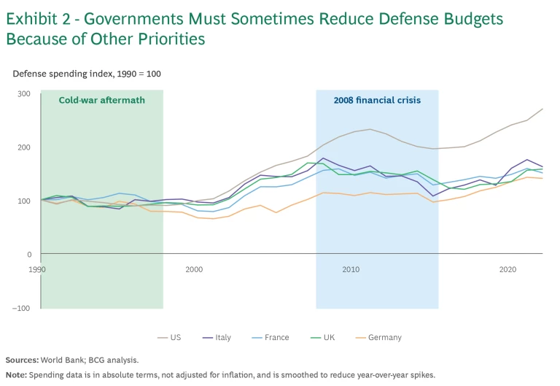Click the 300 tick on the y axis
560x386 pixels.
pos(24,93)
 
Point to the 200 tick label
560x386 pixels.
pos(24,147)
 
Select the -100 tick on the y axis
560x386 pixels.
pos(22,308)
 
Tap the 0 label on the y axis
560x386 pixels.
pos(29,255)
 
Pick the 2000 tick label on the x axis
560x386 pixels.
pos(194,269)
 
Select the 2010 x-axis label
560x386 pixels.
pos(351,269)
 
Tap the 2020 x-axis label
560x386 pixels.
pos(508,269)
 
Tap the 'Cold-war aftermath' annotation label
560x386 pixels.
pos(101,101)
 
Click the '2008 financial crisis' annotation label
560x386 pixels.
pos(377,101)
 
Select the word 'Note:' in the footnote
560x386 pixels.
pos(17,375)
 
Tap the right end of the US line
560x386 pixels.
pos(542,109)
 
